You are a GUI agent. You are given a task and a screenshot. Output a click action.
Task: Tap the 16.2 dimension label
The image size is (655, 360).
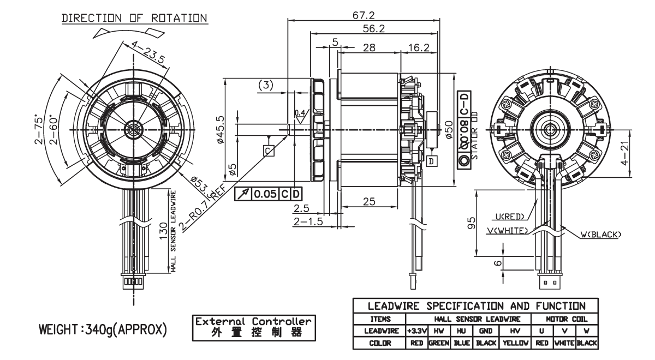pyautogui.click(x=418, y=47)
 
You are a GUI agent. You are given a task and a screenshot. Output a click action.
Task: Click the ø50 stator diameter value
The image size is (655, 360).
pyautogui.click(x=448, y=130)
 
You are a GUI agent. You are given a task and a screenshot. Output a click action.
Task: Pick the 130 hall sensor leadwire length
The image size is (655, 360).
pyautogui.click(x=162, y=231)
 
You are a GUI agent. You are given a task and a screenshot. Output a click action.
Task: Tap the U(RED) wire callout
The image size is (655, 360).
pyautogui.click(x=511, y=216)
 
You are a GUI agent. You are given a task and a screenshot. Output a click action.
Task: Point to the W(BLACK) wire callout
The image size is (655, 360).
pyautogui.click(x=600, y=235)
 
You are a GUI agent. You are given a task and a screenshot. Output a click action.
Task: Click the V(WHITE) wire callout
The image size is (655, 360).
pyautogui.click(x=507, y=230)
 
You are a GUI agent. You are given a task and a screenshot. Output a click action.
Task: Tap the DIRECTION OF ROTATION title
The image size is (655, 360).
pyautogui.click(x=134, y=17)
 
